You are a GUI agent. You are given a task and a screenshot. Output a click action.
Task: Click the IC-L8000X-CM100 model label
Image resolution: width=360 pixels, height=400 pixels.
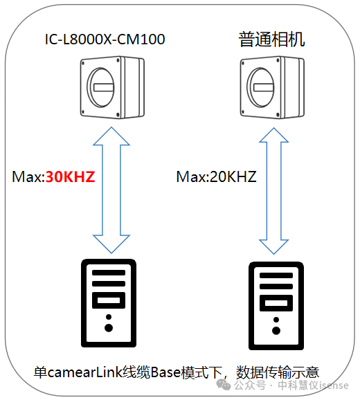pyautogui.click(x=105, y=39)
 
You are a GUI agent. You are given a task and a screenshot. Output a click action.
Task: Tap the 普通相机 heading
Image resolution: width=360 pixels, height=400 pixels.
pyautogui.click(x=271, y=39)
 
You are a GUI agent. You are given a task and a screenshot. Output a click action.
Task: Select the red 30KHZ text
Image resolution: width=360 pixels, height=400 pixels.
pyautogui.click(x=70, y=176)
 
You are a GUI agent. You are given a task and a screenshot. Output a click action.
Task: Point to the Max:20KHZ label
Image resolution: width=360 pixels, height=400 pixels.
pyautogui.click(x=217, y=176)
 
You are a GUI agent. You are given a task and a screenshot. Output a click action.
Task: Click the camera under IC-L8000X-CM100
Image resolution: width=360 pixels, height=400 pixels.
pyautogui.click(x=112, y=87)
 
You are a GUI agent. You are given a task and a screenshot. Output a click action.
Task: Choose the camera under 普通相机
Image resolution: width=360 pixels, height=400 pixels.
pyautogui.click(x=272, y=87)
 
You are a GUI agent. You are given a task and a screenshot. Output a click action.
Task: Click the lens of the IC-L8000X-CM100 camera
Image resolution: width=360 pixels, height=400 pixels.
pyautogui.click(x=100, y=87)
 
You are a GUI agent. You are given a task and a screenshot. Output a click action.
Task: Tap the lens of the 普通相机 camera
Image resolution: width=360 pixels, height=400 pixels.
pyautogui.click(x=260, y=87)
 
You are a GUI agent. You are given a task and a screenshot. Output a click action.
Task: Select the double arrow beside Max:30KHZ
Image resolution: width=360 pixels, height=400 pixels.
pyautogui.click(x=111, y=190)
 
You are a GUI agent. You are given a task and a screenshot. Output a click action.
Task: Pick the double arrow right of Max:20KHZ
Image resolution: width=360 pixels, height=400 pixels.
pyautogui.click(x=273, y=191)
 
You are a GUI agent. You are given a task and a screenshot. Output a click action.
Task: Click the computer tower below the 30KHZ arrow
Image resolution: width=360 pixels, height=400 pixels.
pyautogui.click(x=109, y=303)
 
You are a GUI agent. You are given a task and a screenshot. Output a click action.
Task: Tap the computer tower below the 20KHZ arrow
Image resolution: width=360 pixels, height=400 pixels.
pyautogui.click(x=276, y=306)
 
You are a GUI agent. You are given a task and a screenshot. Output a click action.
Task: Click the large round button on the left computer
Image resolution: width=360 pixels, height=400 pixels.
pyautogui.click(x=109, y=328)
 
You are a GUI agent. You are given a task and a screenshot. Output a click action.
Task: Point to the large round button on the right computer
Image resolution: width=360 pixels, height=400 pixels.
pyautogui.click(x=276, y=330)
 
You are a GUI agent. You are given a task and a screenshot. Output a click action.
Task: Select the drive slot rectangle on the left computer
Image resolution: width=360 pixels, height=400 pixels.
pyautogui.click(x=109, y=300)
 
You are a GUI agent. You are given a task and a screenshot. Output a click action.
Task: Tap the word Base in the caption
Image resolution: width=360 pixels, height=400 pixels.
pyautogui.click(x=165, y=373)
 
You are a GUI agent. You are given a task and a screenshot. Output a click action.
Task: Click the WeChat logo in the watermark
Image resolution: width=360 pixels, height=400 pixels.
pyautogui.click(x=224, y=385)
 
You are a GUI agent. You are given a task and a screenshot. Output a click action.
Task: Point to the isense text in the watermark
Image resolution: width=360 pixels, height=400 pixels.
pyautogui.click(x=334, y=385)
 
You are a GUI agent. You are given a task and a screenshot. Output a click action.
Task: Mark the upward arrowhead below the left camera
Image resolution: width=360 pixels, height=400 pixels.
pyautogui.click(x=111, y=136)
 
